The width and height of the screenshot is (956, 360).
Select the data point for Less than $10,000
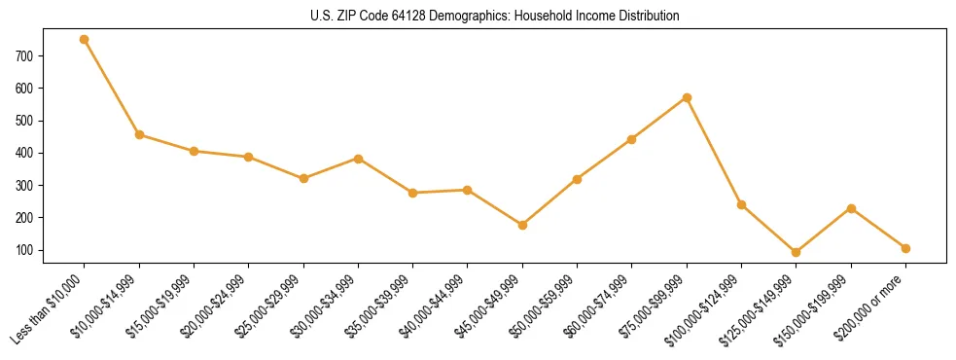pos(85,40)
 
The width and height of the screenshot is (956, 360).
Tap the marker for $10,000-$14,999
pos(139,134)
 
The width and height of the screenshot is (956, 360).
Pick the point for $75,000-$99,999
pos(687,97)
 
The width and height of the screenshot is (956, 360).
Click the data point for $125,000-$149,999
pos(797,252)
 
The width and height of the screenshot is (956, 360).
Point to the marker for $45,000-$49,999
pos(522,225)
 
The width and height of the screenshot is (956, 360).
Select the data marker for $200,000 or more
pos(905,248)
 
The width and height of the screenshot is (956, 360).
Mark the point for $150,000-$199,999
pos(851,208)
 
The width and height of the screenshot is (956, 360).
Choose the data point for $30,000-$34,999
pos(358,159)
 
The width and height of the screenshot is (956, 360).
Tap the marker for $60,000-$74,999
pos(632,139)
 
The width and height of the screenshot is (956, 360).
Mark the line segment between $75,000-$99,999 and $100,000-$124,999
pos(714,151)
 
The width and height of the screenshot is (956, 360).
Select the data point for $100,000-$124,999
pos(741,204)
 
